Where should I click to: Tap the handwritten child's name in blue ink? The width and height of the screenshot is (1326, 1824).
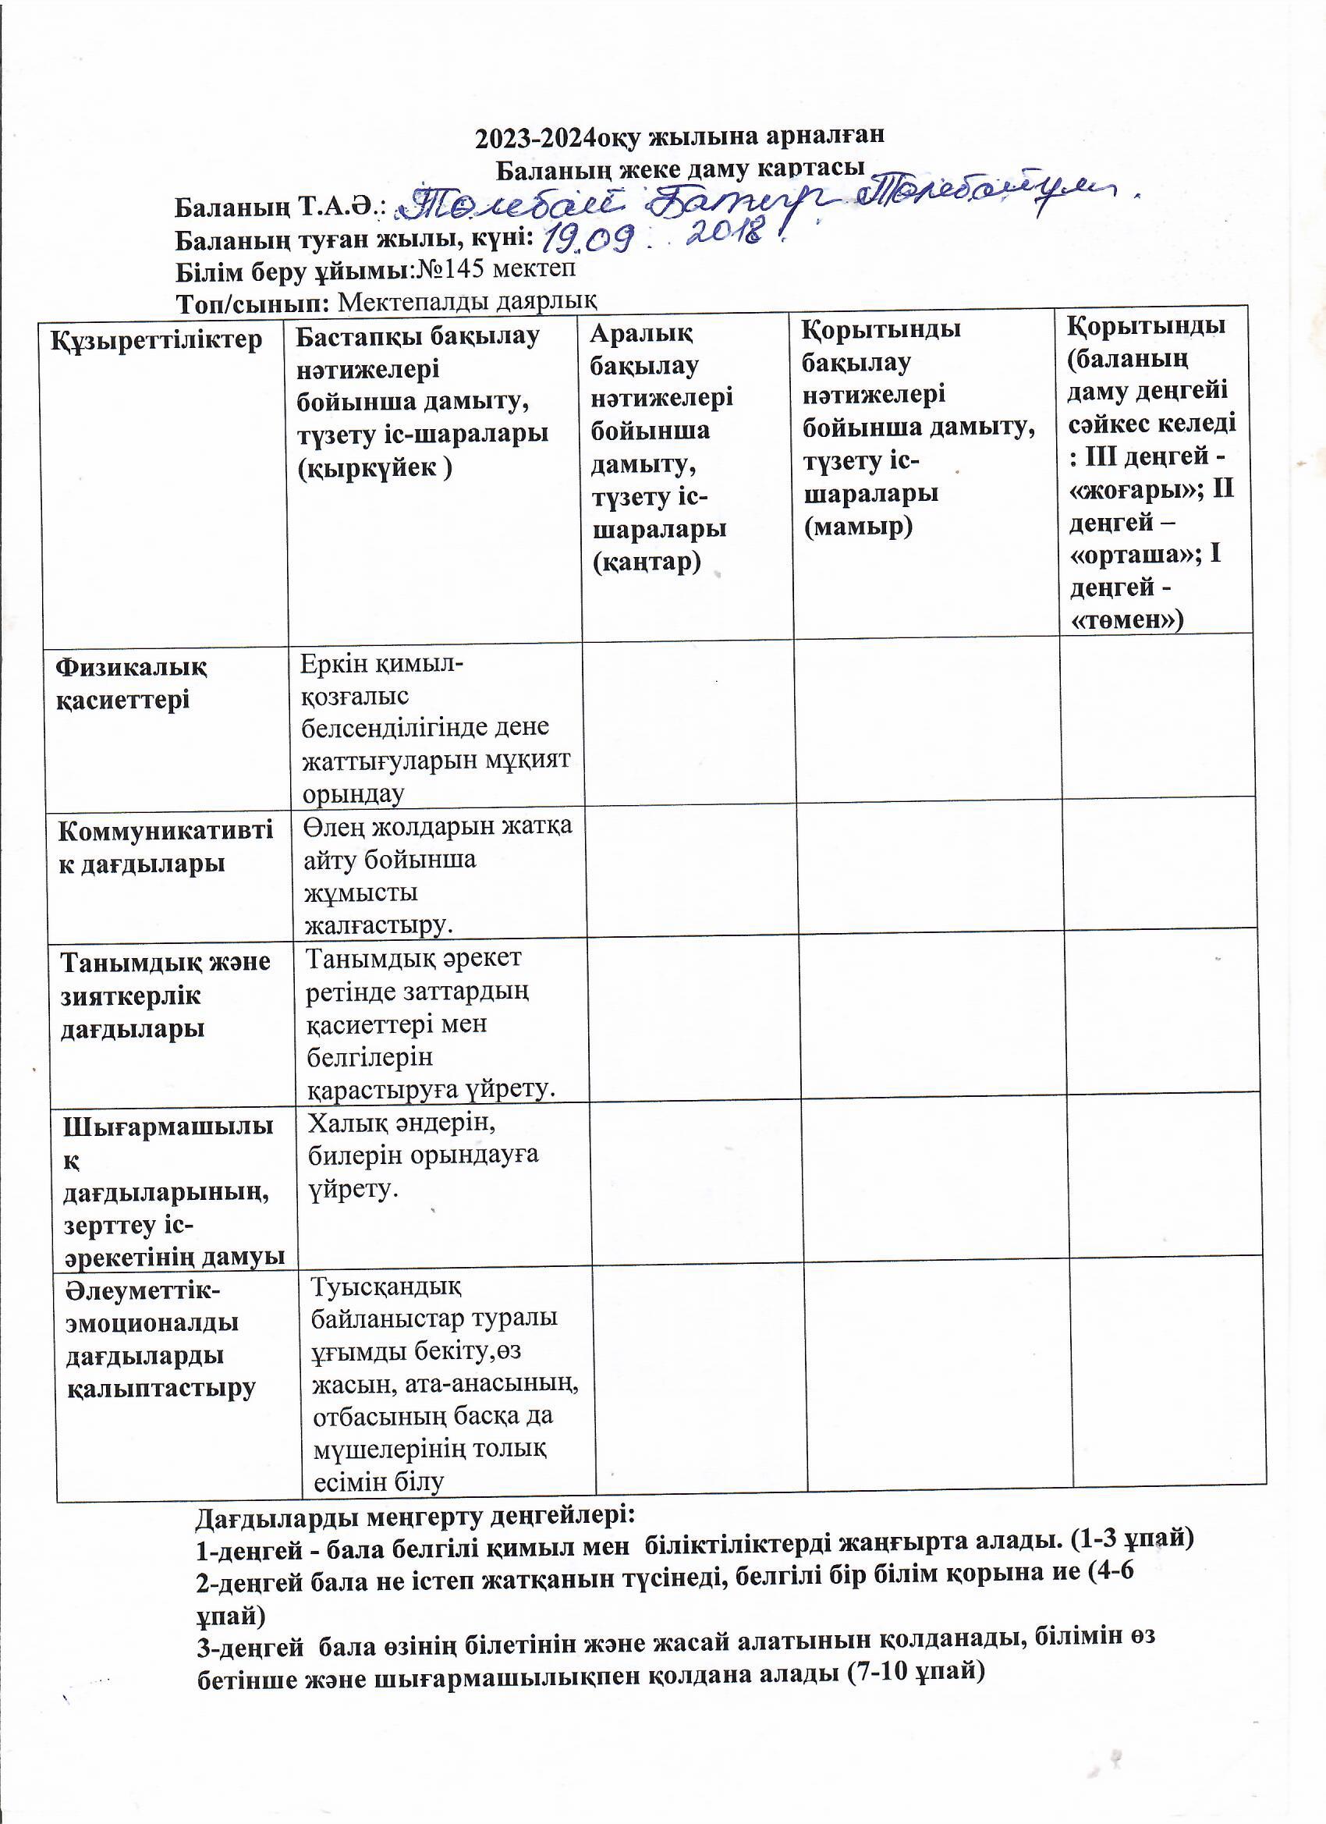[764, 200]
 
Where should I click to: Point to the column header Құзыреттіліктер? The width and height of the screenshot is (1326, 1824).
[157, 339]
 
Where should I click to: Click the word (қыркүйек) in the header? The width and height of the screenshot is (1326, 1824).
[374, 467]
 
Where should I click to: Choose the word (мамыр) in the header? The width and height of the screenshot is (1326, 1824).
[858, 527]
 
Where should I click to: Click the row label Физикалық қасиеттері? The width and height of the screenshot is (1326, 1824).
[131, 683]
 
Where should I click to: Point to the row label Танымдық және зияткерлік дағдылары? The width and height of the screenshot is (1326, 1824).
[165, 995]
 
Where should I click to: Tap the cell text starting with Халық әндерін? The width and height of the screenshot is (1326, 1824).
[423, 1154]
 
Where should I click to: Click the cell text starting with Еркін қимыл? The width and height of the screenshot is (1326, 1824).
[435, 728]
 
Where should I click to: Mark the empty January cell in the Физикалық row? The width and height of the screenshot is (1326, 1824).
[688, 721]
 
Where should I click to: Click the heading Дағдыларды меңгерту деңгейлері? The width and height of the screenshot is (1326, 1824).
[416, 1516]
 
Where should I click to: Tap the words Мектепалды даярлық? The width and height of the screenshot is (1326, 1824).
[467, 302]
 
